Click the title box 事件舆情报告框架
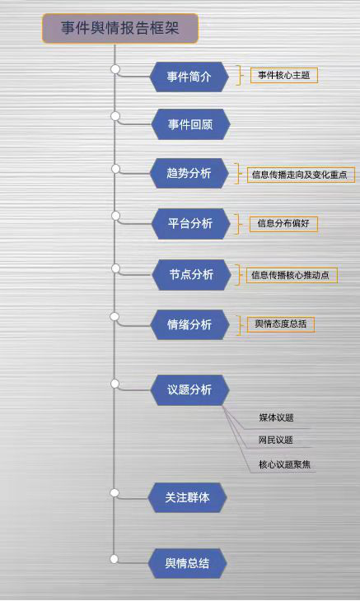coord(120,28)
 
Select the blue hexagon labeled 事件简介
coord(189,77)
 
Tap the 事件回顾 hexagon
coord(190,124)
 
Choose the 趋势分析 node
coord(189,173)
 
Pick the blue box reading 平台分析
coord(190,223)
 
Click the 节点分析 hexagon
coord(191,274)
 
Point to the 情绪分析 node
coord(189,324)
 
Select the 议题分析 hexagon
coord(189,389)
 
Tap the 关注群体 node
coord(187,497)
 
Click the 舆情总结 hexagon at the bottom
coord(187,563)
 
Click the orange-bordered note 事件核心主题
coord(284,75)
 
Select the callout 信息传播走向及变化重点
coord(301,175)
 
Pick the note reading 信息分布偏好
coord(283,223)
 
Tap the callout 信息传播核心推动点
coord(292,275)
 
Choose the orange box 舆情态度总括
coord(281,324)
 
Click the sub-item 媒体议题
coord(276,417)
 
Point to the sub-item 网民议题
coord(275,440)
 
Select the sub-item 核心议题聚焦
coord(284,464)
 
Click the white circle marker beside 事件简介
coord(115,69)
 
